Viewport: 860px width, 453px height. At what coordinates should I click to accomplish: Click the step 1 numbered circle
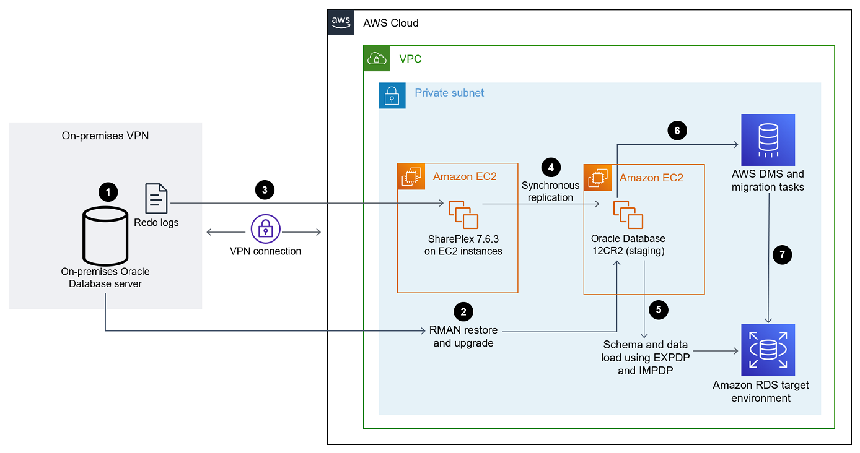coord(108,192)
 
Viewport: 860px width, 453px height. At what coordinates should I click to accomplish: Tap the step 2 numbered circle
coord(463,311)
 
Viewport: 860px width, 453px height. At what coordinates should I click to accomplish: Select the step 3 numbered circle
coord(265,190)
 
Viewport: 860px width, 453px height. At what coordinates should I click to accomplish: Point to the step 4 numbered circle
coord(550,167)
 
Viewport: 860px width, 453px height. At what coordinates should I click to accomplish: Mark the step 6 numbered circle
coord(677,130)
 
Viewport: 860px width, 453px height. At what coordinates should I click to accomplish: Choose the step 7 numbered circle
coord(783,254)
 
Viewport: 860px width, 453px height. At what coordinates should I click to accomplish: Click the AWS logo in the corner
coord(341,22)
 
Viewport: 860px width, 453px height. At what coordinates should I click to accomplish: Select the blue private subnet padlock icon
coord(392,95)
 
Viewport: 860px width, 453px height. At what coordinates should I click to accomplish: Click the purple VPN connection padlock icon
coord(265,230)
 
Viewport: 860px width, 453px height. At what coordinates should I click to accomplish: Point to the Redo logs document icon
coord(156,199)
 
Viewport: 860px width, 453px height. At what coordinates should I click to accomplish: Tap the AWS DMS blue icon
coord(768,140)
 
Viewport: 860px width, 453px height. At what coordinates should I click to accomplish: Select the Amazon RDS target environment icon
coord(768,350)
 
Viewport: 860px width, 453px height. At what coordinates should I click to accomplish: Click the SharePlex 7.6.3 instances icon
coord(463,214)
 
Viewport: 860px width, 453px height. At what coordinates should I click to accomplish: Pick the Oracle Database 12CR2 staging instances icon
coord(628,214)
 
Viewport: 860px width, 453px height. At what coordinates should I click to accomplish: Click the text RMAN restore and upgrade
coord(463,337)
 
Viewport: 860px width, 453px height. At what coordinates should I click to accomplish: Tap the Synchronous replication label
coord(550,191)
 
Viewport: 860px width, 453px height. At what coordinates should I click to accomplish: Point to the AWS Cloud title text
coord(390,23)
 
